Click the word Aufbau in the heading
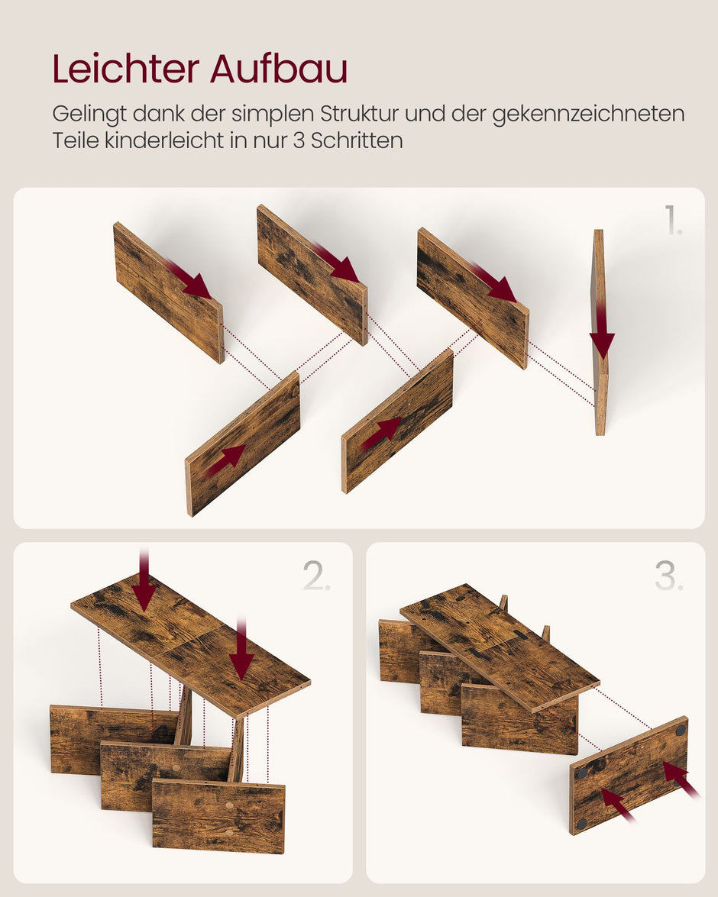point(279,69)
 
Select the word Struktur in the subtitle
point(359,114)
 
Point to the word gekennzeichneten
point(588,115)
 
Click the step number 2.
point(317,577)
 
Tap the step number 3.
point(669,577)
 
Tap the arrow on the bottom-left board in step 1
point(225,460)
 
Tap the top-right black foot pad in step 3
point(680,730)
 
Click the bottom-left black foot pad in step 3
point(582,824)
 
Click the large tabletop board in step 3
point(496,645)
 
